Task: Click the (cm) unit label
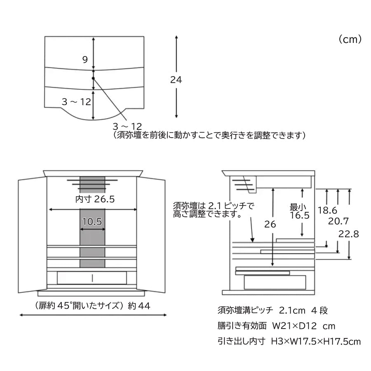click(x=350, y=39)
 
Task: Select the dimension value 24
click(x=176, y=80)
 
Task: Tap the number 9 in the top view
click(x=85, y=59)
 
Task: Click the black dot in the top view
click(x=93, y=78)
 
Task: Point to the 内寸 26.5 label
click(x=95, y=199)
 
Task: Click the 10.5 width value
click(x=92, y=222)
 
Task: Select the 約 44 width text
click(x=139, y=306)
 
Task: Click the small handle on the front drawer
click(x=92, y=278)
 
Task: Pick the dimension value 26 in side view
click(x=270, y=224)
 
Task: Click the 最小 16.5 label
click(x=300, y=211)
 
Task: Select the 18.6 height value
click(x=327, y=210)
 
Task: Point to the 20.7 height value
click(x=338, y=221)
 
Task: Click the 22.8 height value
click(x=348, y=234)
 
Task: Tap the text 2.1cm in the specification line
click(x=292, y=310)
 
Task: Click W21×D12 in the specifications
click(x=294, y=326)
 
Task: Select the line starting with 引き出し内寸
click(x=289, y=341)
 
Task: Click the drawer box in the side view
click(x=275, y=282)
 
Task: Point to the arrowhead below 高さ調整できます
click(x=252, y=240)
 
